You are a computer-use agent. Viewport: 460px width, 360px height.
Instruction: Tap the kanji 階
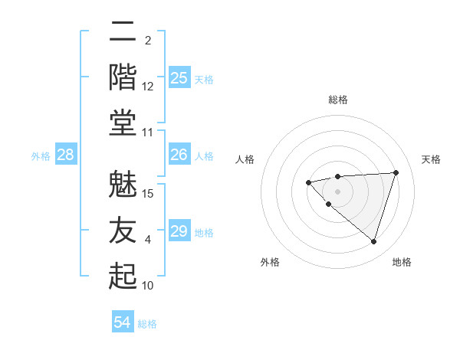coord(123,77)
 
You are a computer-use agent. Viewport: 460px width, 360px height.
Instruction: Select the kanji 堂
coord(123,123)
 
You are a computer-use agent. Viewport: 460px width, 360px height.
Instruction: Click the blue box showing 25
coord(179,78)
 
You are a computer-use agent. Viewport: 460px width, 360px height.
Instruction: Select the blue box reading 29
coord(179,231)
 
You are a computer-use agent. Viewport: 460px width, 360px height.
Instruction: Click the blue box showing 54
coord(123,322)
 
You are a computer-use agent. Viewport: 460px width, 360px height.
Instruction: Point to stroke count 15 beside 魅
coord(149,193)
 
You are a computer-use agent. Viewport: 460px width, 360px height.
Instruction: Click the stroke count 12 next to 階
coord(149,87)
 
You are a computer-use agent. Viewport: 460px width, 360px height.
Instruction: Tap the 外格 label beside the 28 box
coord(41,156)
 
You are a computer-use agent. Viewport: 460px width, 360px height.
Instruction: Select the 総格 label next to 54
coord(147,324)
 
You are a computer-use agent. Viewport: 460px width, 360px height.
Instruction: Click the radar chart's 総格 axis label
coord(337,100)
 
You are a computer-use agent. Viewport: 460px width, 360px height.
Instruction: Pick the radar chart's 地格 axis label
coord(402,262)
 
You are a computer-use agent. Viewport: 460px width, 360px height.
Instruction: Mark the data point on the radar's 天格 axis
coord(396,172)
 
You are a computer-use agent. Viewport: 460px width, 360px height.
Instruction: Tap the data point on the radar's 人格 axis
coord(308,182)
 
